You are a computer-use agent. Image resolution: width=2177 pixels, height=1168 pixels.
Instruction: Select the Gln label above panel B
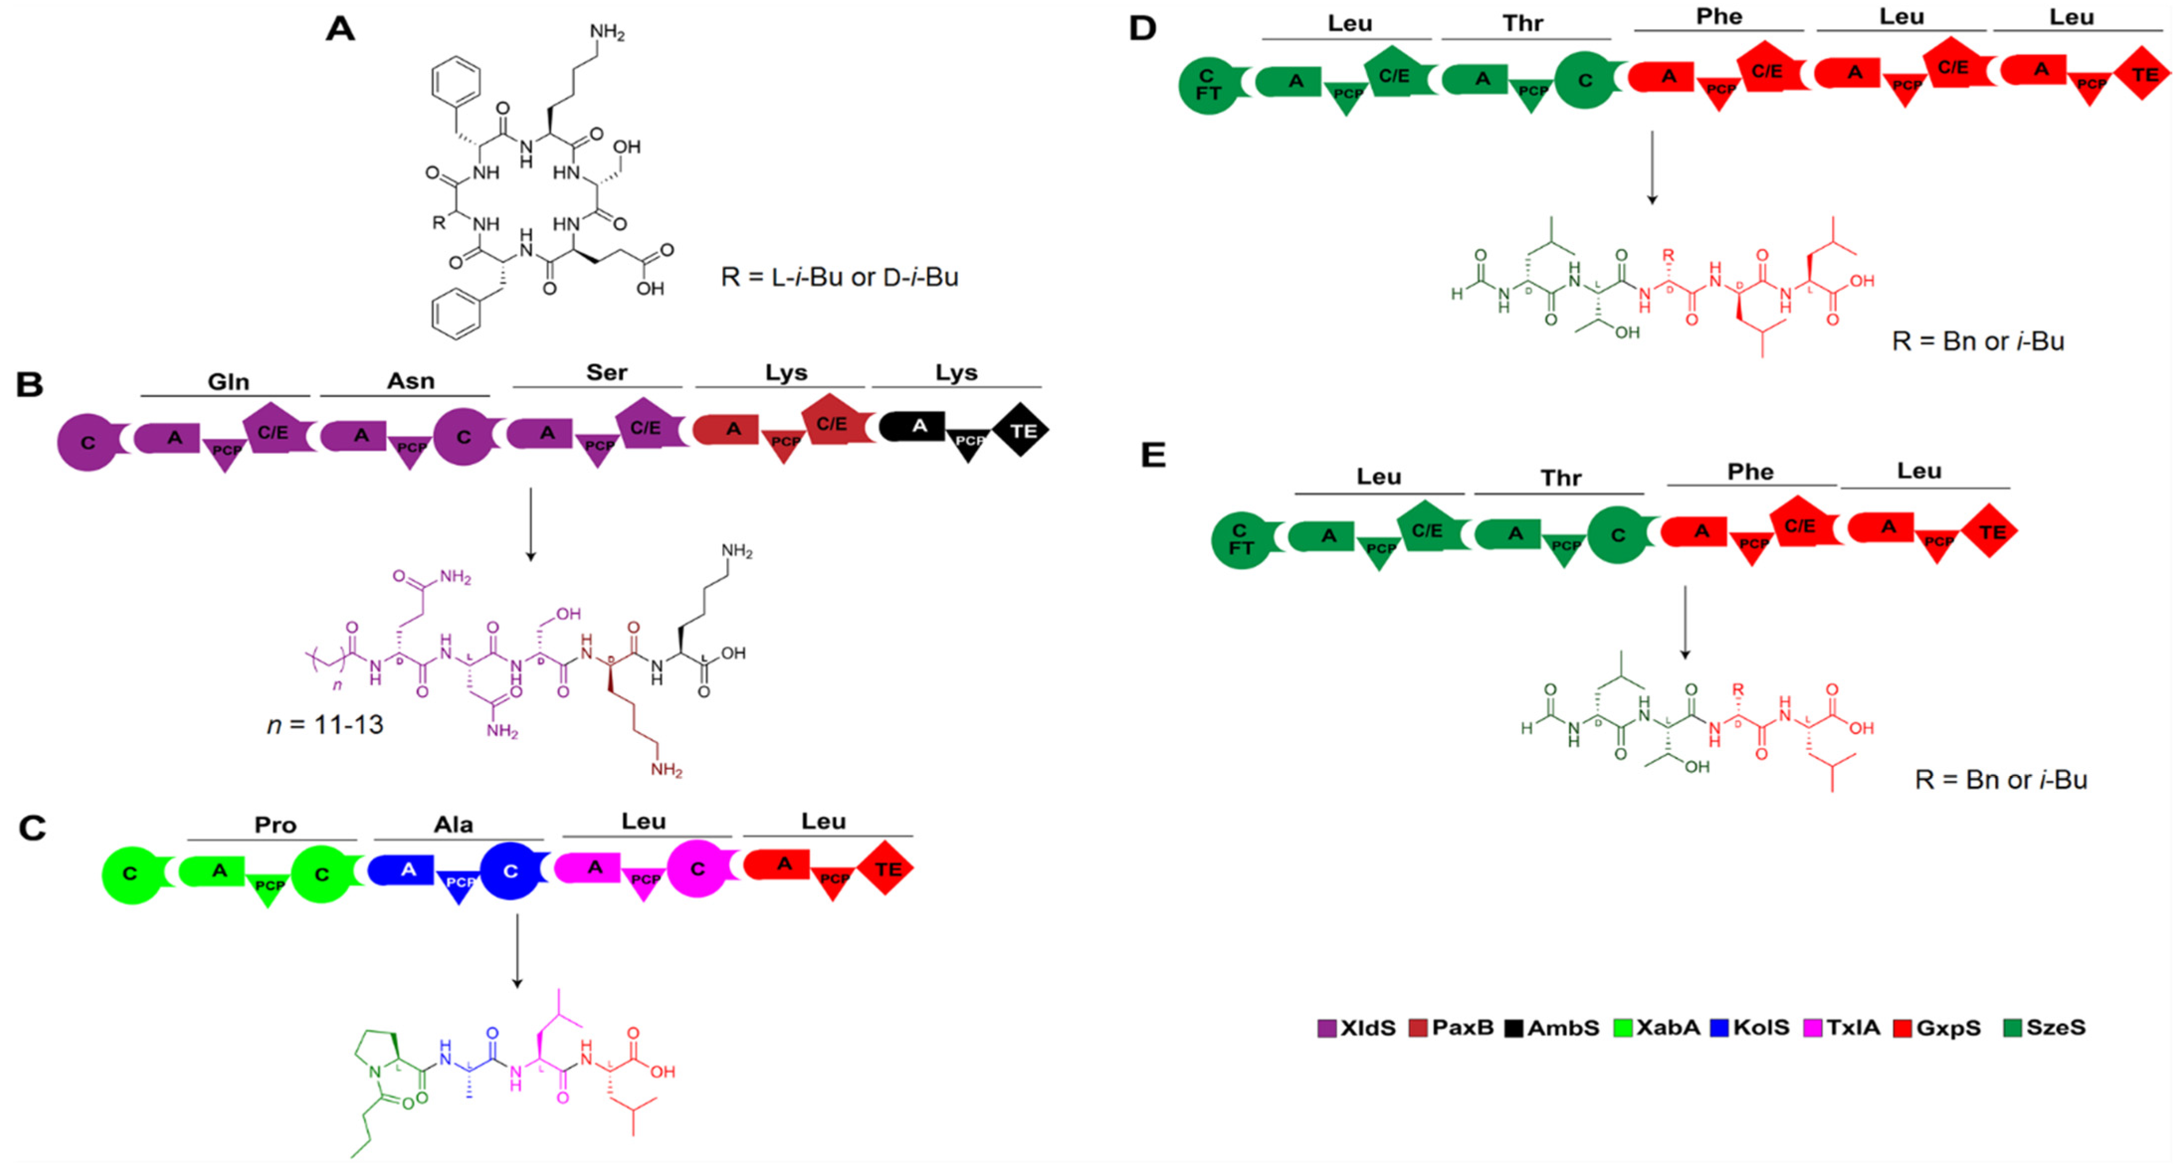click(228, 382)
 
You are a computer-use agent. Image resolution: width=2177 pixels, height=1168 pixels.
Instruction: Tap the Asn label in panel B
click(411, 381)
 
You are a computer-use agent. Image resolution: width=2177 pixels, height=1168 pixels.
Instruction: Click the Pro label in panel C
click(276, 825)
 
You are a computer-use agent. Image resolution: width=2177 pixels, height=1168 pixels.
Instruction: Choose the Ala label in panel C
click(453, 825)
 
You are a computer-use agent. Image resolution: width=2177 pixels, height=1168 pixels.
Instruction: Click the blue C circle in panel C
click(510, 871)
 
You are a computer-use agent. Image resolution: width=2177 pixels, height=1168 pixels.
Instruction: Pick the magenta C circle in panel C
click(697, 869)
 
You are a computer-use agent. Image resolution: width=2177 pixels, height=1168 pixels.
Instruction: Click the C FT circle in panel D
click(1208, 86)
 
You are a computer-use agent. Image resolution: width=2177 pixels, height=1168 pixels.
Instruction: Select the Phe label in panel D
click(1719, 17)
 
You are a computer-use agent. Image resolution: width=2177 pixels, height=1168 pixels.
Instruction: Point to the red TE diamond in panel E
click(1991, 531)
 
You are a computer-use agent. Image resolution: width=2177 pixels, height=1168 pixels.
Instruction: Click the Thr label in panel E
click(1560, 478)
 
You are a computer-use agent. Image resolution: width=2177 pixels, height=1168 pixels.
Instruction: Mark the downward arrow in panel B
click(531, 524)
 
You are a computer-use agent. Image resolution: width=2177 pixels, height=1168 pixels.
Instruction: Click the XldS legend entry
click(1357, 1028)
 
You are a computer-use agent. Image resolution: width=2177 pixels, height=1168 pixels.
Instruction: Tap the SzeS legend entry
click(2045, 1028)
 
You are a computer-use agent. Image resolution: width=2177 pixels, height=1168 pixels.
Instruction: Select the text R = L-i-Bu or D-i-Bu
click(839, 277)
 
